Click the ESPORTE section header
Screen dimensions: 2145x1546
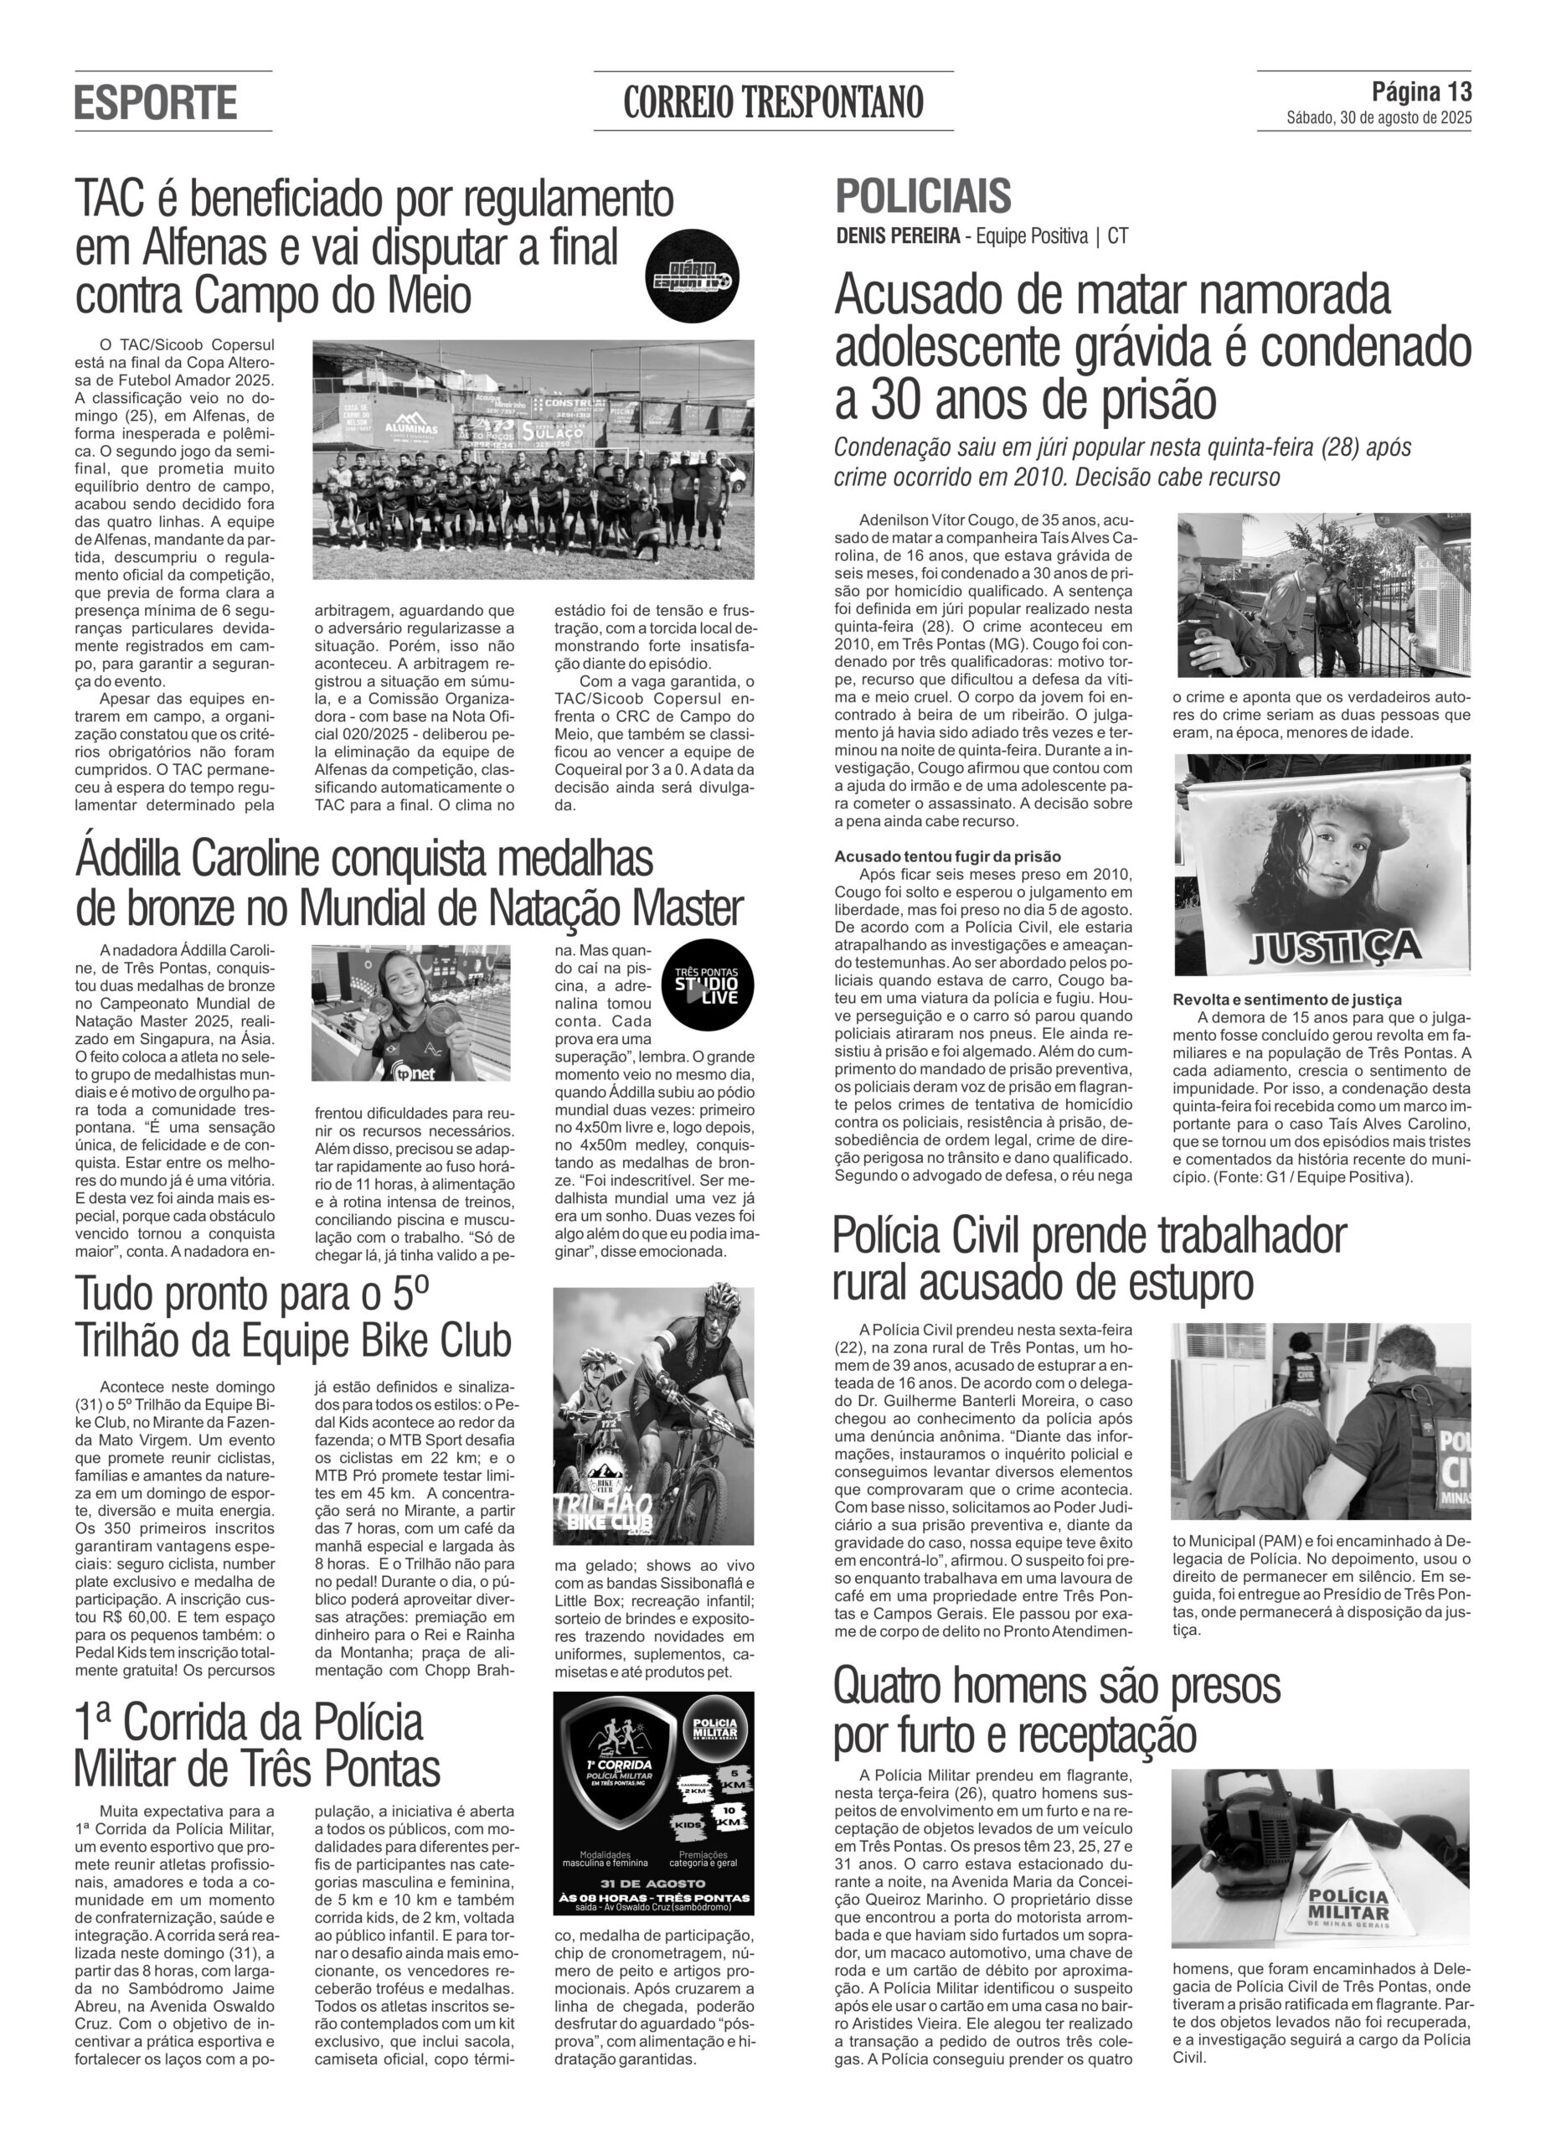tap(155, 102)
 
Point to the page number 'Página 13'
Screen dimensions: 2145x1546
tap(1421, 91)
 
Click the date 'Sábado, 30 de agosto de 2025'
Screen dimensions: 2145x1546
tap(1378, 118)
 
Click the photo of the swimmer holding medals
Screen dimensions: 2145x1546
tap(410, 1012)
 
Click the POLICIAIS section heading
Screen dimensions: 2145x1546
tap(922, 196)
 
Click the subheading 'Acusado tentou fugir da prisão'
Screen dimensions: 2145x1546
tap(947, 856)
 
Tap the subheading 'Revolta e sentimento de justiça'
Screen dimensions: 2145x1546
tap(1287, 999)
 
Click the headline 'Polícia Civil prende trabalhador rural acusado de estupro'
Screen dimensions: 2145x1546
tap(1090, 1259)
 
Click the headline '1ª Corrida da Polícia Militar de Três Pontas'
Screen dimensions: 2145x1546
tap(257, 1743)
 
